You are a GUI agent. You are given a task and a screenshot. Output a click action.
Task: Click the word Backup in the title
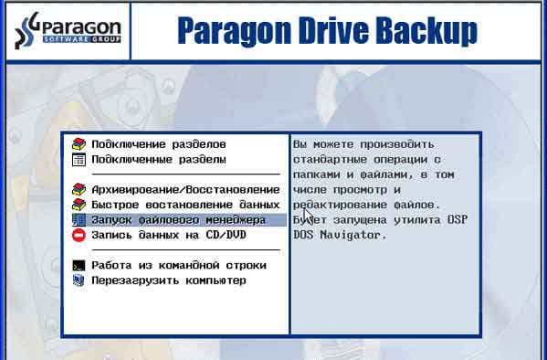430,31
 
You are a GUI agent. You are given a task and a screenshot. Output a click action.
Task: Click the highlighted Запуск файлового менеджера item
178,220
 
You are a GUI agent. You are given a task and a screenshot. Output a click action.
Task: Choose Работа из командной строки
178,266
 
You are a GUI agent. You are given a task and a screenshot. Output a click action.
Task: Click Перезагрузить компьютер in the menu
168,281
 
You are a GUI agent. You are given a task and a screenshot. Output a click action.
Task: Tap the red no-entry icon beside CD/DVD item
79,235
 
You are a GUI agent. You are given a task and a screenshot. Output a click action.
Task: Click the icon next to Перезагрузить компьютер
79,281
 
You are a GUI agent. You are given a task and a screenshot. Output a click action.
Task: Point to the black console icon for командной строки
79,266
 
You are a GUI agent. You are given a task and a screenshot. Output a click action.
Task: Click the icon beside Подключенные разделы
79,159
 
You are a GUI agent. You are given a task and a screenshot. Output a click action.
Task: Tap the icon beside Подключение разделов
79,144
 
